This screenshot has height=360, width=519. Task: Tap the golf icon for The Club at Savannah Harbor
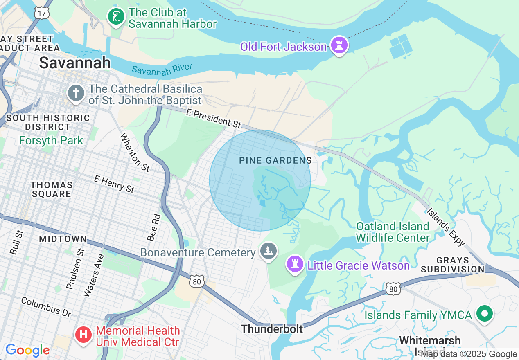[116, 17]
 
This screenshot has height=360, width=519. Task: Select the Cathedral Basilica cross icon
[76, 93]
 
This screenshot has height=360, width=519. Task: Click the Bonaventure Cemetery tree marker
[268, 251]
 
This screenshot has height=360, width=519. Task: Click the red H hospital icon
[83, 335]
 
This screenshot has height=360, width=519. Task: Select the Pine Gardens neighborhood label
[275, 161]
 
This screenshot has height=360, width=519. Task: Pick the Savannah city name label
[74, 63]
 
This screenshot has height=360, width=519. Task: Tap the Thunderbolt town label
[272, 329]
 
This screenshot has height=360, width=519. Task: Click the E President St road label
[213, 118]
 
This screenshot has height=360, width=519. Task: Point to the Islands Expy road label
[446, 227]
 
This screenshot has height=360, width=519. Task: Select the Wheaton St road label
[135, 151]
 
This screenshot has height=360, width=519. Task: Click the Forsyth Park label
[51, 141]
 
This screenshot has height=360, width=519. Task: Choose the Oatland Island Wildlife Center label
[393, 232]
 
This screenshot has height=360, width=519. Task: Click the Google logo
[27, 351]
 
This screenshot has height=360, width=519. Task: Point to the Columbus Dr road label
[46, 307]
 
